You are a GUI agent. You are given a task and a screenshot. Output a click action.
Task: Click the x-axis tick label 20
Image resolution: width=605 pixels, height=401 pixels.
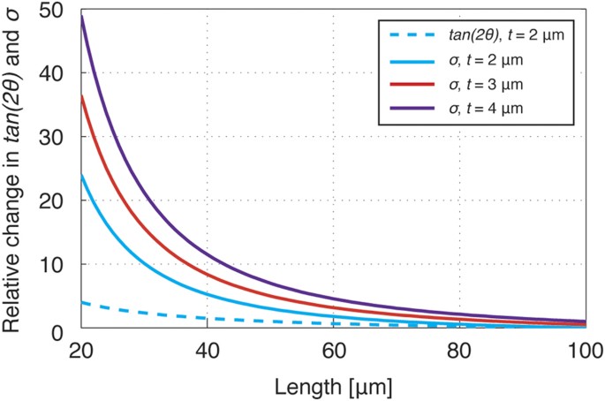[81, 350]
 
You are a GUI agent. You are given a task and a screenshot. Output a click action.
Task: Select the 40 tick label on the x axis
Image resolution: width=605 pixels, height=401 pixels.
[207, 350]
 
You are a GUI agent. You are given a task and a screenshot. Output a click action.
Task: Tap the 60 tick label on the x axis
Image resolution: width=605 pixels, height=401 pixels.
[333, 350]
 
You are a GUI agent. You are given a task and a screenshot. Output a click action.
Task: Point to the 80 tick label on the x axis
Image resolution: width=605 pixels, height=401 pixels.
[458, 350]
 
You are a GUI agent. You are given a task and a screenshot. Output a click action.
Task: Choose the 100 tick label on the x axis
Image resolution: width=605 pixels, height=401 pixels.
[583, 350]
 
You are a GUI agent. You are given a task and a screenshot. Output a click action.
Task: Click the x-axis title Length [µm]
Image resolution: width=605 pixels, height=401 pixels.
[332, 385]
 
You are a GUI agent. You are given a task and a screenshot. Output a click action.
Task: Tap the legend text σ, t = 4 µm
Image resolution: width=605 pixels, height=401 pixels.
[481, 108]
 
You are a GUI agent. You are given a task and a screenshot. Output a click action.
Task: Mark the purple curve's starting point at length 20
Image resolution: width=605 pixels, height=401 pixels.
[81, 16]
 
